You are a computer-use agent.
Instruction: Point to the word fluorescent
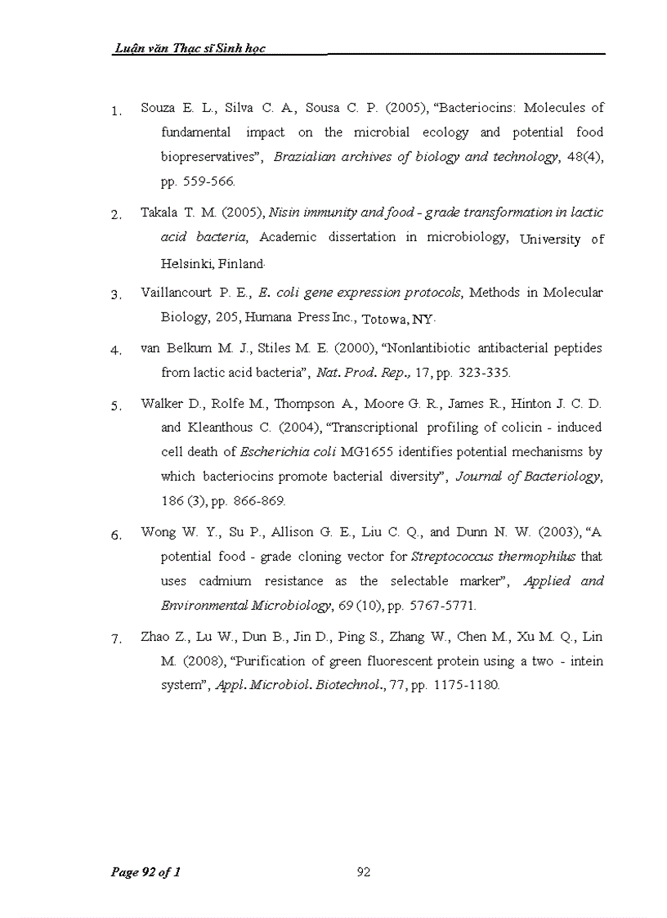367,661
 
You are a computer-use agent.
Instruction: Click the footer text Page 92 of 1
145,872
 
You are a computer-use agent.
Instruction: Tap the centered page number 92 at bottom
365,872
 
